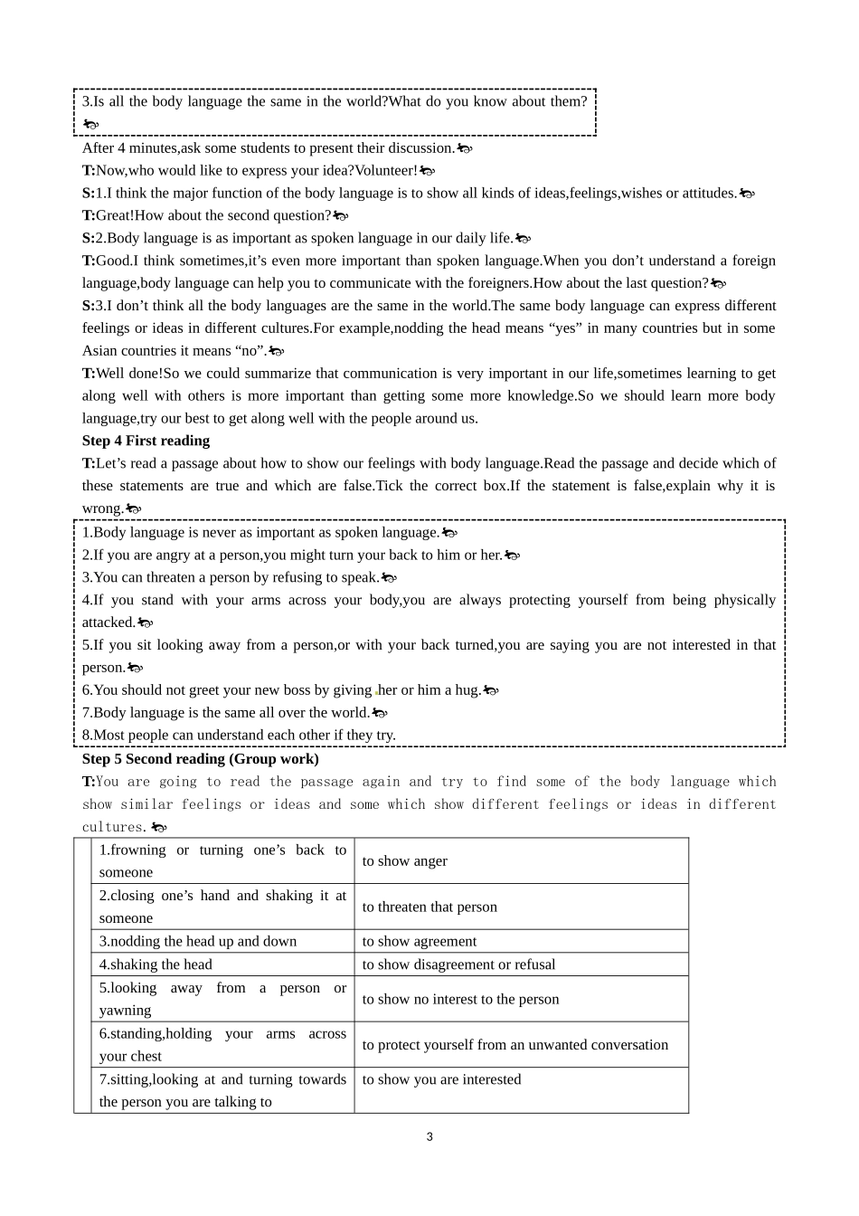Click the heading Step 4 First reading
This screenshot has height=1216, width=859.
(146, 441)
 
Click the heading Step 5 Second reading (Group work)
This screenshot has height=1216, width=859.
(200, 759)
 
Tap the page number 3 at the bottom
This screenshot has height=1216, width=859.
(429, 1136)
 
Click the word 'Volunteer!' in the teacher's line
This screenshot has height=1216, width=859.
(386, 170)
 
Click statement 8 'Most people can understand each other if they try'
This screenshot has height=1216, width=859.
(239, 736)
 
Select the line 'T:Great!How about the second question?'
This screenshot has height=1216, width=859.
(208, 215)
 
